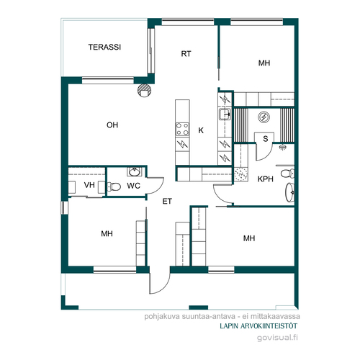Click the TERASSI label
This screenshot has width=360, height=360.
(104, 47)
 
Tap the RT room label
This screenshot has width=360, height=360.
(186, 54)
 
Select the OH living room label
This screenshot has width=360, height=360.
(112, 125)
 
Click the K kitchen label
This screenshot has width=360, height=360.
(201, 130)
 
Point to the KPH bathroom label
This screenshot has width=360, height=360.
(266, 179)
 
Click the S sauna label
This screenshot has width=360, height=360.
(265, 138)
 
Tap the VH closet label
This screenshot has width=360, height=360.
(89, 185)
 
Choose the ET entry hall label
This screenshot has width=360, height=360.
(167, 201)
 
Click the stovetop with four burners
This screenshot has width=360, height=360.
(182, 130)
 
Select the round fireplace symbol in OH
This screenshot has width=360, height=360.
(144, 90)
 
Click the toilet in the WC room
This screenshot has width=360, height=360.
(114, 186)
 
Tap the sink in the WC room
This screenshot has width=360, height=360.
(135, 172)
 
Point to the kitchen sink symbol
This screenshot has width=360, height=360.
(225, 114)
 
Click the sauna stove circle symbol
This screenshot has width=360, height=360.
(264, 117)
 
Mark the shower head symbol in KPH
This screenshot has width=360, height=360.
(284, 147)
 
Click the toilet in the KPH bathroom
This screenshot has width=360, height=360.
(287, 174)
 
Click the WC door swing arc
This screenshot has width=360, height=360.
(158, 189)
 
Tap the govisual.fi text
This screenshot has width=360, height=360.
(277, 338)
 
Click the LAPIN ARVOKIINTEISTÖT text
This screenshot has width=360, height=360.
(258, 326)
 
